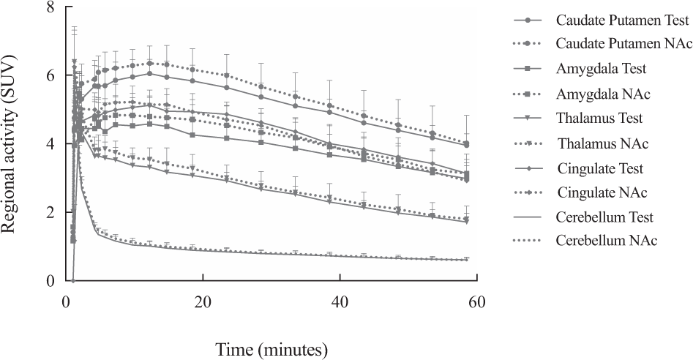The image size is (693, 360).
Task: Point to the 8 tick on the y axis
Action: [x=50, y=7]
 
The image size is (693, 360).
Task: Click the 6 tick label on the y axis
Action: [x=50, y=76]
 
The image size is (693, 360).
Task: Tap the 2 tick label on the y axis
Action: [x=50, y=212]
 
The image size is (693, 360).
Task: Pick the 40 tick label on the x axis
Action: [x=340, y=301]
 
